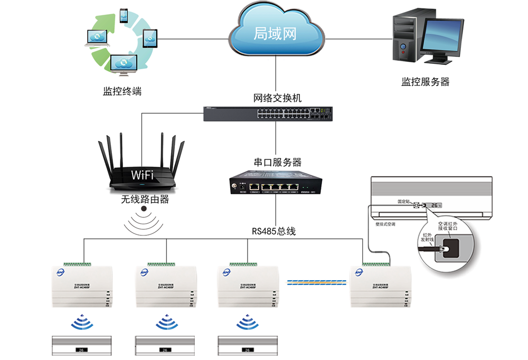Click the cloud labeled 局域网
pos(276,33)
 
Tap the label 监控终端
pos(122,91)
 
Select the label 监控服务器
pos(426,82)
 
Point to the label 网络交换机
pos(277,98)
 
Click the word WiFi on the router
pos(142,175)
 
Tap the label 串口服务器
pos(277,162)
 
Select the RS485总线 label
pos(274,231)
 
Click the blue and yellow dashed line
pos(316,282)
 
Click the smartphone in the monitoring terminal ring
pos(124,15)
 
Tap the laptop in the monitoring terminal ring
pos(97,38)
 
